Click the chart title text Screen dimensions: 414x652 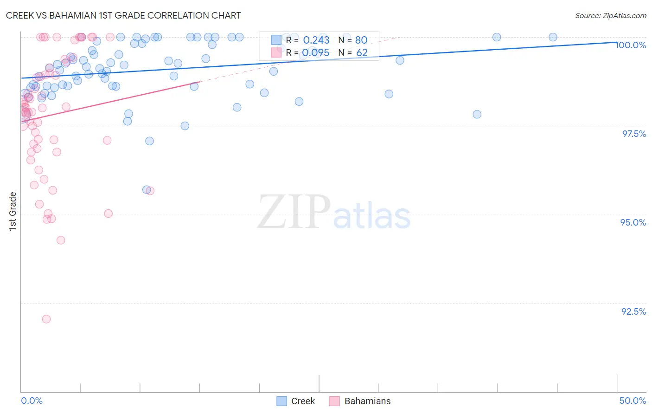pyautogui.click(x=123, y=15)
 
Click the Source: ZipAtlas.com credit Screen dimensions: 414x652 pyautogui.click(x=610, y=16)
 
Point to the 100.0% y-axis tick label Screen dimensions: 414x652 pyautogui.click(x=631, y=45)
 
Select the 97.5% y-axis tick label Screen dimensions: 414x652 pyautogui.click(x=634, y=134)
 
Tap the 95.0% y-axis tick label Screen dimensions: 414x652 pyautogui.click(x=633, y=222)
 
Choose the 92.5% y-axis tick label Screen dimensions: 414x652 pyautogui.click(x=633, y=311)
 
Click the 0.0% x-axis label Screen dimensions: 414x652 pyautogui.click(x=32, y=401)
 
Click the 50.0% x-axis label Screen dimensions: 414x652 pyautogui.click(x=633, y=401)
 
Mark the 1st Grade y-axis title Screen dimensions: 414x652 pyautogui.click(x=13, y=211)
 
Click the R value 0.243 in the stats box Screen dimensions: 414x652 pyautogui.click(x=316, y=40)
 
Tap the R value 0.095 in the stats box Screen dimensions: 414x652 pyautogui.click(x=316, y=53)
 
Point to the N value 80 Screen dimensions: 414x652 pyautogui.click(x=361, y=40)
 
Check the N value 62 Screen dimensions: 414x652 pyautogui.click(x=362, y=53)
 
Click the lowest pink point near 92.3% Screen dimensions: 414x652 pyautogui.click(x=46, y=319)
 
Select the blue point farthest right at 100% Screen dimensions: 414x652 pyautogui.click(x=553, y=37)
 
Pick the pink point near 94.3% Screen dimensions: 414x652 pyautogui.click(x=61, y=240)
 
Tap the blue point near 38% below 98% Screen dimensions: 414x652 pyautogui.click(x=477, y=114)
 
